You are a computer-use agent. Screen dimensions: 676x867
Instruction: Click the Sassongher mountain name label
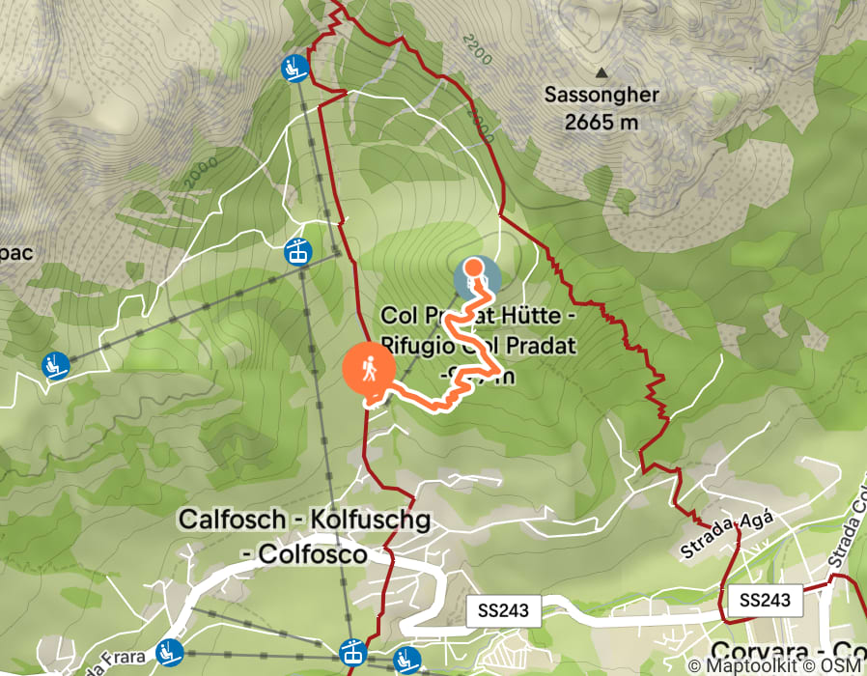[x=601, y=96]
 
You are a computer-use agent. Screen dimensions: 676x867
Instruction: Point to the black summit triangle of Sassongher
[x=601, y=72]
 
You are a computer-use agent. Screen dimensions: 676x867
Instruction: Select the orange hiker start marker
[x=369, y=370]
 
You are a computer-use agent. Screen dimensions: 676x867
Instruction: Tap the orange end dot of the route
[x=474, y=267]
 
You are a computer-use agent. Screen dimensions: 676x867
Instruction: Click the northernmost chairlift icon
[x=294, y=69]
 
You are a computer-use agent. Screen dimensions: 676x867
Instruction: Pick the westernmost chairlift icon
[x=57, y=366]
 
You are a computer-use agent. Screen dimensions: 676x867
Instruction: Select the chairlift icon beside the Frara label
[x=171, y=652]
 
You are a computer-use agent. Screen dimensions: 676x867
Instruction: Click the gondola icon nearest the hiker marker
[x=297, y=251]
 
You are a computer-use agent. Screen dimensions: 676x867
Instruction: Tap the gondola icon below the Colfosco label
[x=352, y=654]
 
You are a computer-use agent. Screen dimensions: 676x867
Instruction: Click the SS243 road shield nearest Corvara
[x=765, y=600]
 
